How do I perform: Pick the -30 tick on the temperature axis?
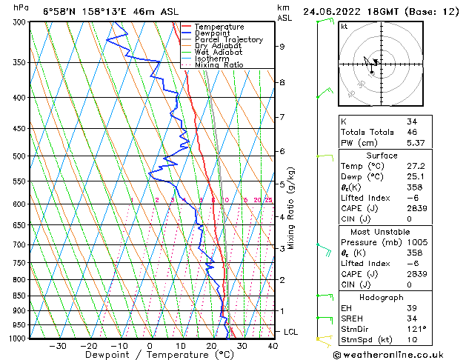(x=57, y=345)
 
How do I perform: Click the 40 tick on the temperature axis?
(x=273, y=345)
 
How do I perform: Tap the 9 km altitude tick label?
(x=282, y=47)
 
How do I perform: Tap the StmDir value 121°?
(x=417, y=329)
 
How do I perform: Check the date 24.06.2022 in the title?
(x=334, y=11)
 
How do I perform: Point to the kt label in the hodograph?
(x=344, y=26)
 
